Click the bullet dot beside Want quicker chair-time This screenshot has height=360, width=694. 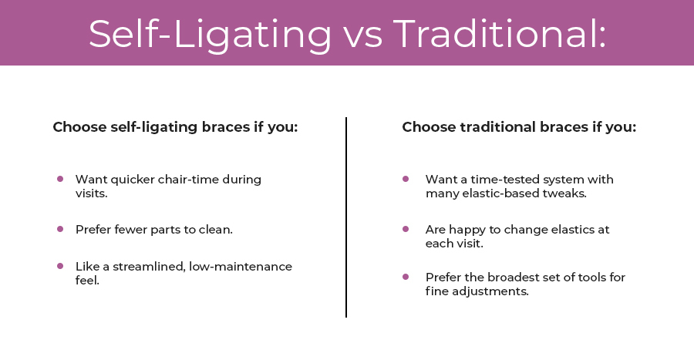click(60, 179)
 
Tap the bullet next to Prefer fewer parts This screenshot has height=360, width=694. click(60, 229)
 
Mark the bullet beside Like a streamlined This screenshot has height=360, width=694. click(60, 265)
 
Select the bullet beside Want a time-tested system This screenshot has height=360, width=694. click(406, 179)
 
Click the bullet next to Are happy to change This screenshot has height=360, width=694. click(406, 229)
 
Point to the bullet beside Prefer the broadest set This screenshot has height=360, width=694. click(406, 276)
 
